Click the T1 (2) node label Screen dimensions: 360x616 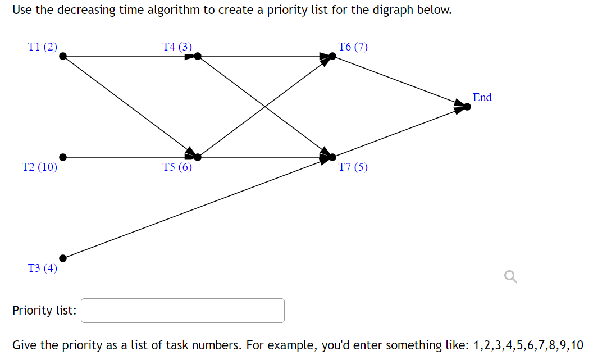coord(43,47)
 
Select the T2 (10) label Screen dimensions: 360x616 coord(39,167)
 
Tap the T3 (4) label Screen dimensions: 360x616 coord(43,268)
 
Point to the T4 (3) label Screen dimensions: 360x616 coord(177,47)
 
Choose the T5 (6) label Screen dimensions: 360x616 coord(177,167)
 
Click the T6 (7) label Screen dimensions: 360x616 coord(353,47)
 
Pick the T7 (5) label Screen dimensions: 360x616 coord(353,167)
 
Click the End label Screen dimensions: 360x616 coord(482,97)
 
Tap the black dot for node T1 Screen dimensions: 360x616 coord(63,56)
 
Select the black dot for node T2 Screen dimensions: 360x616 coord(63,157)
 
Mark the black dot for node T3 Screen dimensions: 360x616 coord(63,258)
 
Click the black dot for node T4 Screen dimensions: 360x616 coord(198,56)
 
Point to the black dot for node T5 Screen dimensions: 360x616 coord(198,157)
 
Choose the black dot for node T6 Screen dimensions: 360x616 coord(332,56)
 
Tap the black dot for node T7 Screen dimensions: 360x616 coord(332,157)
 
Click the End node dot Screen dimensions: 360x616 coord(467,107)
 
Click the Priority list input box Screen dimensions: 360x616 coord(182,311)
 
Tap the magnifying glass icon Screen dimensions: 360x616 coord(510,276)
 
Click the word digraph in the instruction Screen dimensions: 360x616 coord(391,10)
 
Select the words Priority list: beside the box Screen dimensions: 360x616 coord(44,311)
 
